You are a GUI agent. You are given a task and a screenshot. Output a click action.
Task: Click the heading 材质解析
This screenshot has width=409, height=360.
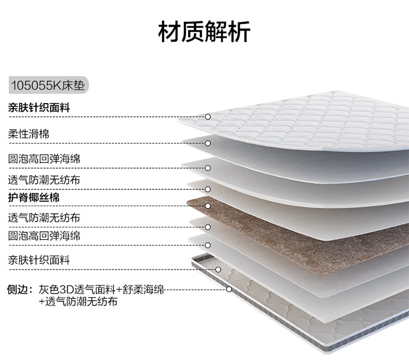(204, 32)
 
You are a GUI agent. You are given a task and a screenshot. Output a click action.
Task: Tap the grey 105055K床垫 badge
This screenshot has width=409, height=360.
(48, 86)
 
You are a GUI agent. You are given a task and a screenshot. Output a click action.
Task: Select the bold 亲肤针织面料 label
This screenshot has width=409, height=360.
(39, 107)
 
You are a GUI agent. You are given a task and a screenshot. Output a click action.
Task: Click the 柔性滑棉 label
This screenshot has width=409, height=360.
(28, 134)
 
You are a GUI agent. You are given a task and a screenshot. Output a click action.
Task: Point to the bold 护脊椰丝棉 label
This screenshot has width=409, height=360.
(34, 197)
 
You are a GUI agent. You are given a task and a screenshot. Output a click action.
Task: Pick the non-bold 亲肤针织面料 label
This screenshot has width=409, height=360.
(39, 260)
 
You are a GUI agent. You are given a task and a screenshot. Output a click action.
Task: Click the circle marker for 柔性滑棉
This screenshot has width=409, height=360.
(208, 143)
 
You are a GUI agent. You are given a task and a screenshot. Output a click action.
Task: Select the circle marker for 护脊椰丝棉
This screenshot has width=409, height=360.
(208, 206)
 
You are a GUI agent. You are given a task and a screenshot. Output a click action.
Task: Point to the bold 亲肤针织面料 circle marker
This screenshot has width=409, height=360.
(208, 117)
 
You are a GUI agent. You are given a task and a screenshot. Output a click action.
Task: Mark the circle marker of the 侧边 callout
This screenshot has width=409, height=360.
(229, 290)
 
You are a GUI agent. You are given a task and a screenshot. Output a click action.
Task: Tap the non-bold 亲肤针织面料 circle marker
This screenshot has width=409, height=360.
(218, 269)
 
